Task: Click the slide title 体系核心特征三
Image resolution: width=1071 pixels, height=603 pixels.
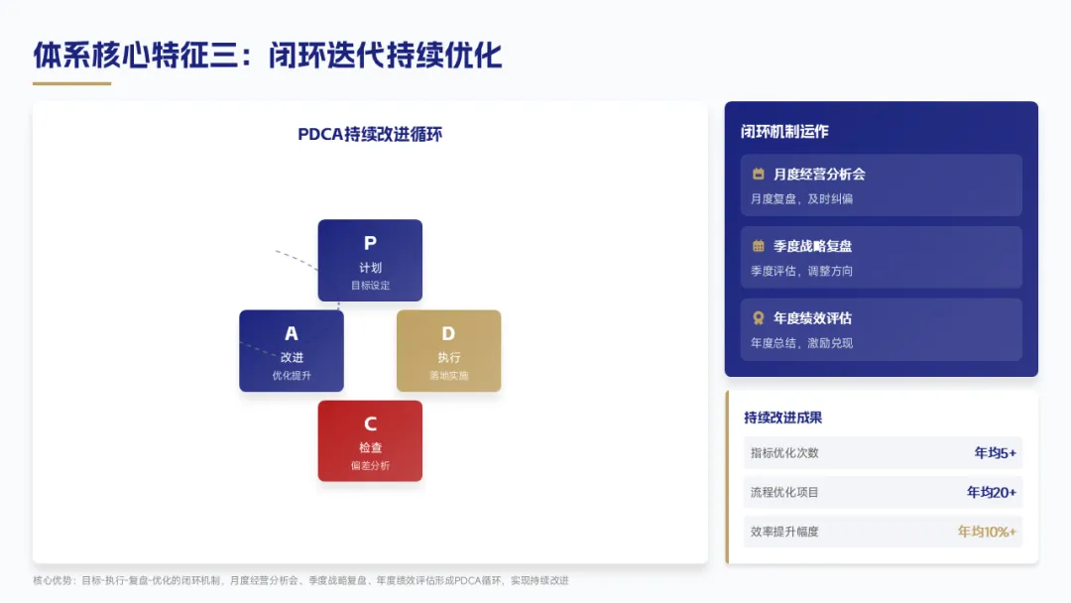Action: point(268,55)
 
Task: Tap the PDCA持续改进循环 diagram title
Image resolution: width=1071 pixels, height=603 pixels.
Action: point(370,135)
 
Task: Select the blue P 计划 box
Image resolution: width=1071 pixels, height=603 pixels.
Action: point(370,260)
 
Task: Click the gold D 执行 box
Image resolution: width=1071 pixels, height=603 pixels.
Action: point(448,350)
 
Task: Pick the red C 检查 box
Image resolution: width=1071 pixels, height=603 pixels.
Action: point(370,440)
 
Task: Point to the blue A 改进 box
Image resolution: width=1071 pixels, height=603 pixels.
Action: point(292,350)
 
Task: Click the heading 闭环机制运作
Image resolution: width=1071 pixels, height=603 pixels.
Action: point(784,131)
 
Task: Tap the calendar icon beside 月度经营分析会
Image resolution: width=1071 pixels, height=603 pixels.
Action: point(759,174)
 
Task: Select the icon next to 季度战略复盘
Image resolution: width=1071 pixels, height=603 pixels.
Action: point(759,246)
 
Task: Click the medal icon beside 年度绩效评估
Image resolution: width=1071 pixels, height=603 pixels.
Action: point(759,318)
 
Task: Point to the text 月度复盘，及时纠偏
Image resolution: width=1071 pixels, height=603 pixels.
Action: point(801,198)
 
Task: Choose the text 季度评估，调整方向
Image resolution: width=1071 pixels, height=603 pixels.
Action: point(801,271)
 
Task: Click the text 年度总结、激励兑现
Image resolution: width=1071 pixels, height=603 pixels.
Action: point(801,343)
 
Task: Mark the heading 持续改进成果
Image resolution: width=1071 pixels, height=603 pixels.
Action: point(782,418)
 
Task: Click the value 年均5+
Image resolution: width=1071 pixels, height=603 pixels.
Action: point(995,453)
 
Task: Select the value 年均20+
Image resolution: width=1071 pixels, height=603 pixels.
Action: point(992,492)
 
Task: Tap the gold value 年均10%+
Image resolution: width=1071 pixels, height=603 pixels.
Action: point(987,532)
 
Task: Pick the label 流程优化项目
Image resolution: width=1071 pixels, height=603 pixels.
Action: point(784,492)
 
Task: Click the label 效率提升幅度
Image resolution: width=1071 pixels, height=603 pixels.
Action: point(784,532)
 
